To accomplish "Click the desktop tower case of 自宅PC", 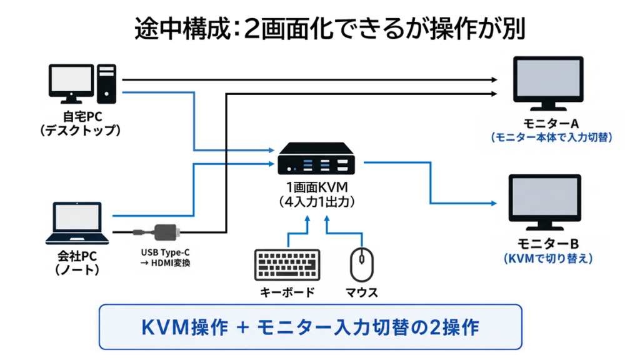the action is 106,84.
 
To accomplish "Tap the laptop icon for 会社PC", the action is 77,223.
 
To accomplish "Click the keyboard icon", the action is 287,265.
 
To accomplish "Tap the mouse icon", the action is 362,264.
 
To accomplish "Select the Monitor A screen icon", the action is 548,83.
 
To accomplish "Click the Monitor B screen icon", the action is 545,202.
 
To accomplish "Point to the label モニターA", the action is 551,123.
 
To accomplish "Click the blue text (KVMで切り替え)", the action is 548,259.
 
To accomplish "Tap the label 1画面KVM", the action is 317,187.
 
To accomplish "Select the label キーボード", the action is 287,292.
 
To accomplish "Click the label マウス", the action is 362,292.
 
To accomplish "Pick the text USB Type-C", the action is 165,252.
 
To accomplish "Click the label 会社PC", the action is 77,256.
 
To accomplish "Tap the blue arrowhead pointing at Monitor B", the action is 494,203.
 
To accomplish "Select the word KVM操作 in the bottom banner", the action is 184,327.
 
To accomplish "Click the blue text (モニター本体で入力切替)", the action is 551,137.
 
